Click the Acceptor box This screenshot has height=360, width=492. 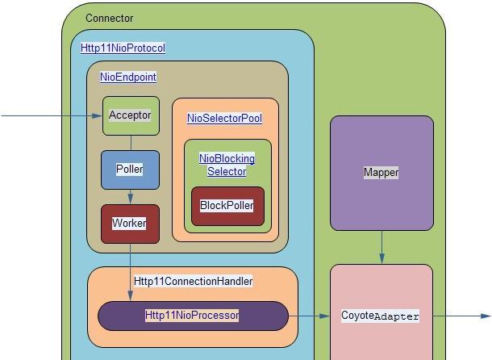pyautogui.click(x=130, y=115)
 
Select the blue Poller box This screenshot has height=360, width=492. pyautogui.click(x=129, y=170)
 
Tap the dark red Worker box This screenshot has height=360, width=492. pyautogui.click(x=129, y=224)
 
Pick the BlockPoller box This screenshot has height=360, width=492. pyautogui.click(x=227, y=206)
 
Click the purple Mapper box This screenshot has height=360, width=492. pyautogui.click(x=381, y=173)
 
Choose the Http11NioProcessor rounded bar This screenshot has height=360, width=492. pyautogui.click(x=192, y=316)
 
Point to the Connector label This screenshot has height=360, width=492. pyautogui.click(x=109, y=18)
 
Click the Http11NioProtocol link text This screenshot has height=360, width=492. pyautogui.click(x=123, y=48)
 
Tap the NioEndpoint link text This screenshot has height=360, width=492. pyautogui.click(x=128, y=77)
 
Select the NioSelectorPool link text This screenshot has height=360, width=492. pyautogui.click(x=224, y=118)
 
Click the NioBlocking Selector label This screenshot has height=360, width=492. pyautogui.click(x=227, y=165)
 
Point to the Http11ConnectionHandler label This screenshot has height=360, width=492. pyautogui.click(x=193, y=281)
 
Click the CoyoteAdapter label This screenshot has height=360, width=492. pyautogui.click(x=380, y=316)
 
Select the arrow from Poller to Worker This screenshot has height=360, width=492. pyautogui.click(x=130, y=197)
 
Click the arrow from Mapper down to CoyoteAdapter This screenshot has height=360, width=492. pyautogui.click(x=382, y=248)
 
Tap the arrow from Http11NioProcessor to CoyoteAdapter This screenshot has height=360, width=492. pyautogui.click(x=310, y=316)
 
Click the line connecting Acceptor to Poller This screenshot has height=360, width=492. pyautogui.click(x=130, y=143)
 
